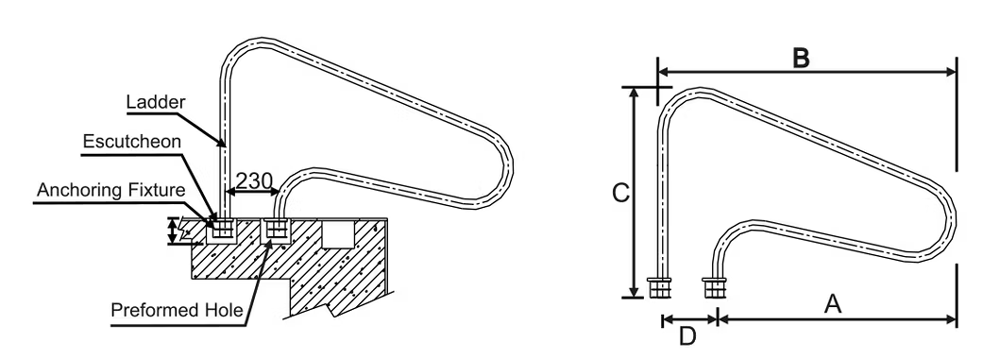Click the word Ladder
[x=155, y=101]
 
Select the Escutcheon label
[x=131, y=142]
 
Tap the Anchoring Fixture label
[x=110, y=190]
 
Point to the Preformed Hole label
[x=177, y=310]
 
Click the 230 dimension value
[x=254, y=179]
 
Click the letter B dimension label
[x=801, y=58]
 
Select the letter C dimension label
[x=620, y=193]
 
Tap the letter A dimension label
[x=833, y=304]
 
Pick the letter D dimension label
[x=687, y=336]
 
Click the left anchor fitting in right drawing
[x=659, y=288]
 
